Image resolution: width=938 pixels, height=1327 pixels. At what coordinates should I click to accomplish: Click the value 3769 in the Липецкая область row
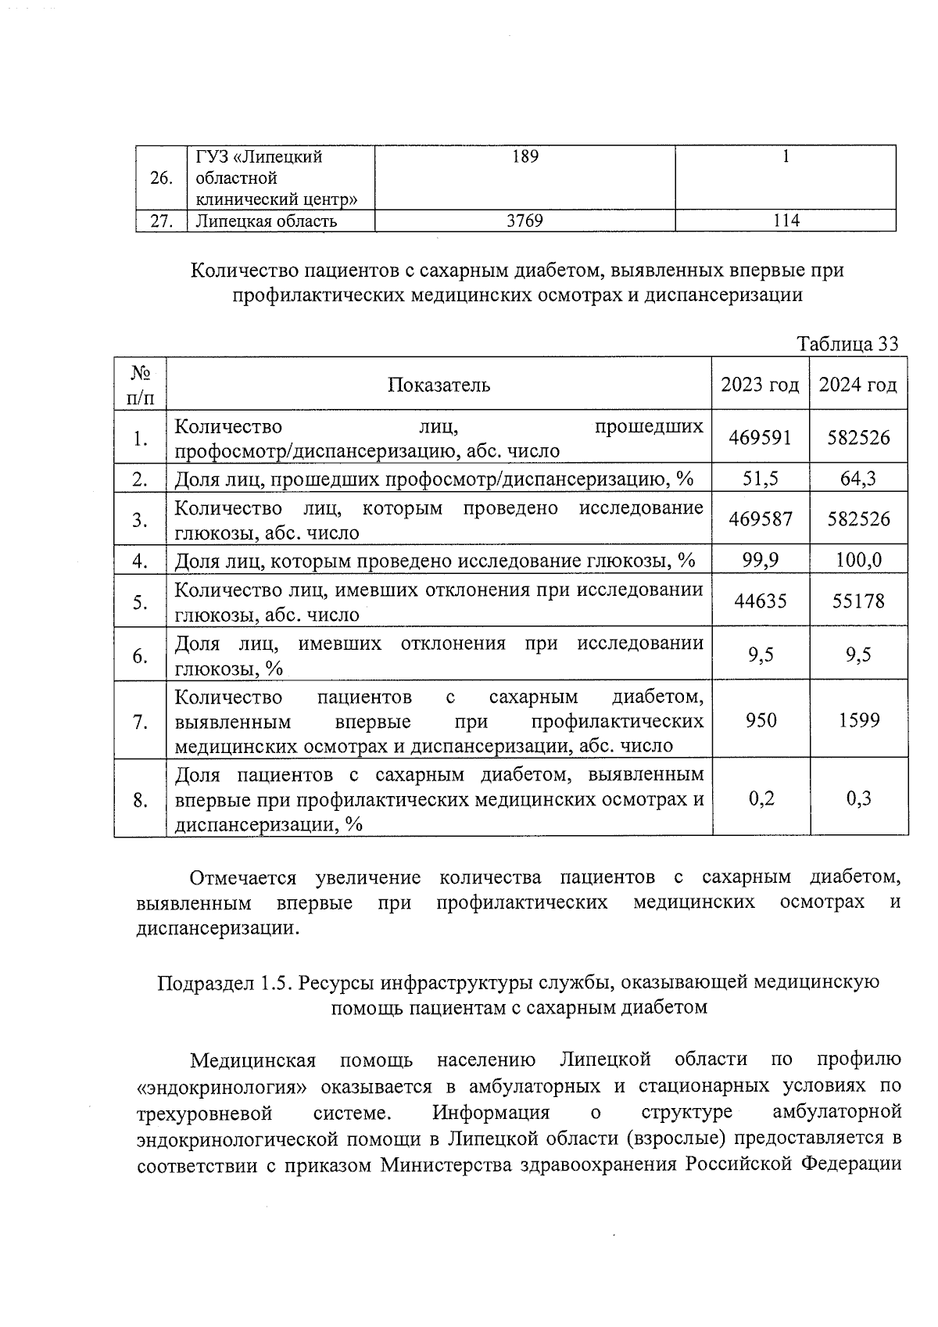(524, 221)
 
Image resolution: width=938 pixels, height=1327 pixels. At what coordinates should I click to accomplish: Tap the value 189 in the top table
(524, 157)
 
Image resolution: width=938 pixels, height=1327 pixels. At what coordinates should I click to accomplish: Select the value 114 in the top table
(786, 221)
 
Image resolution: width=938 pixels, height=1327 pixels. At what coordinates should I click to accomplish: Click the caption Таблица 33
(847, 344)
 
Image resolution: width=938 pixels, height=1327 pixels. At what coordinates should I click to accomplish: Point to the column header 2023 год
(760, 385)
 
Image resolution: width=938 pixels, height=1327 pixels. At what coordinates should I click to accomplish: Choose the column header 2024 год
(858, 385)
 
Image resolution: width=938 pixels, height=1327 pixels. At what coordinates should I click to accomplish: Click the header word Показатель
(439, 385)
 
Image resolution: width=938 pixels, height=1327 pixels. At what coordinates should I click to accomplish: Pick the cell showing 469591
(760, 438)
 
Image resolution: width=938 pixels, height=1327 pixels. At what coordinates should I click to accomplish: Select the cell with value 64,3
(858, 479)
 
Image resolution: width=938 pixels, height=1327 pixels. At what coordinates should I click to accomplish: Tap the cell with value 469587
(760, 519)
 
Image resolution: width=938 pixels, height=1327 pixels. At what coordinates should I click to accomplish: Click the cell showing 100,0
(858, 560)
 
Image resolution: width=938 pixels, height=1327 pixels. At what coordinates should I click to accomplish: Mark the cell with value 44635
(760, 601)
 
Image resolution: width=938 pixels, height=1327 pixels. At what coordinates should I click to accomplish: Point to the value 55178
(858, 601)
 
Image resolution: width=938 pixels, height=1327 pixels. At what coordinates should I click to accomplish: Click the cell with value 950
(761, 720)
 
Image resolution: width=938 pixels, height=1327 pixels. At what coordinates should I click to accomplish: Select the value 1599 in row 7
(858, 720)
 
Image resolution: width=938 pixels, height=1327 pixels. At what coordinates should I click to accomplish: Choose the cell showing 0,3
(858, 798)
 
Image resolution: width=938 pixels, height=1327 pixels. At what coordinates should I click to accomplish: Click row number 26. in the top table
(161, 178)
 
